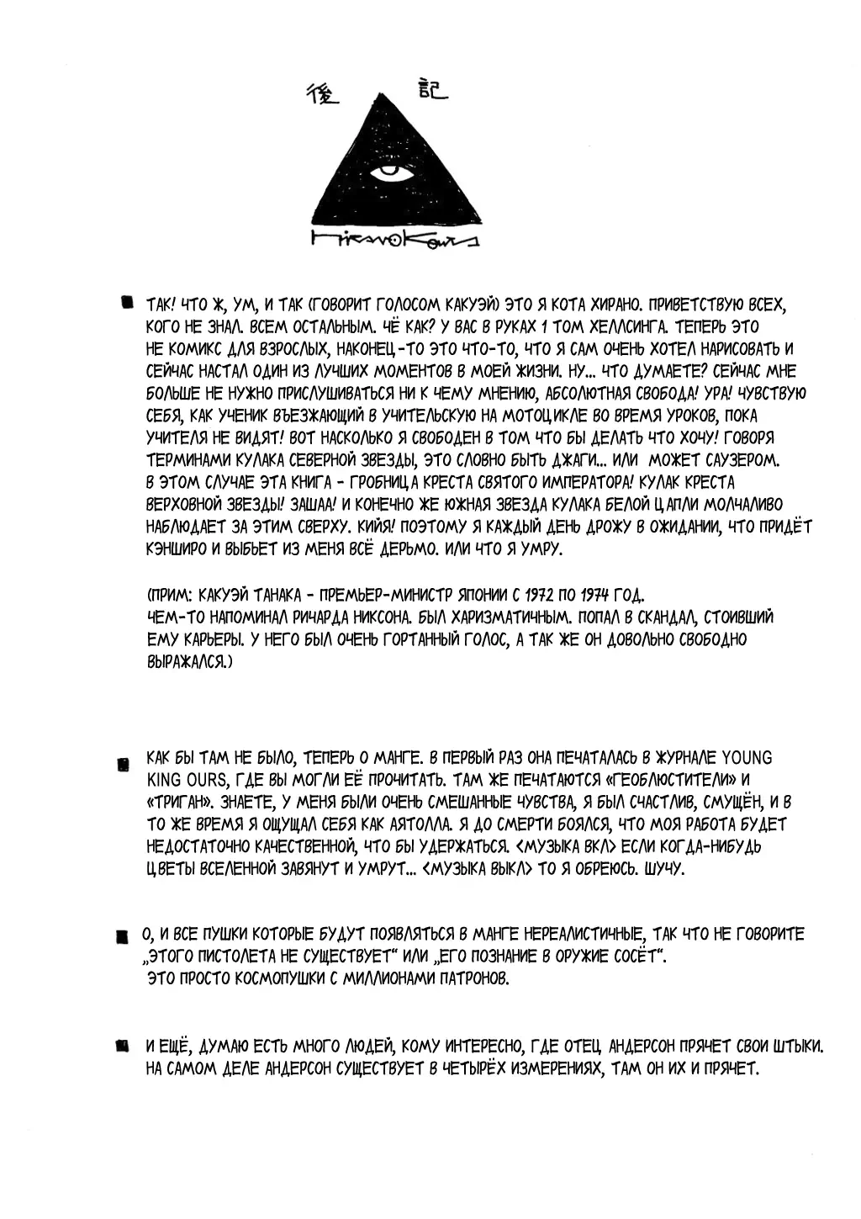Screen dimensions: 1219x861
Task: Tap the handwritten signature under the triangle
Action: coord(393,241)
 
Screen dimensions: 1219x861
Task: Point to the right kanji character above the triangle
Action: coord(428,90)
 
